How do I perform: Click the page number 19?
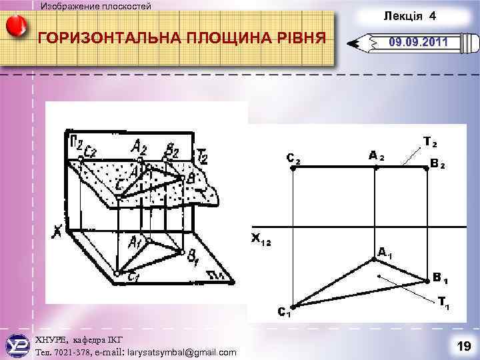(463, 345)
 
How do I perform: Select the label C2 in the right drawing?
(293, 159)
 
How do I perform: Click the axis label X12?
(261, 238)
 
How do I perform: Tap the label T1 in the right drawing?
(443, 302)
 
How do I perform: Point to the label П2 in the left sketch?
(77, 141)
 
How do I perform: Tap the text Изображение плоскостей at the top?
(96, 6)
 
